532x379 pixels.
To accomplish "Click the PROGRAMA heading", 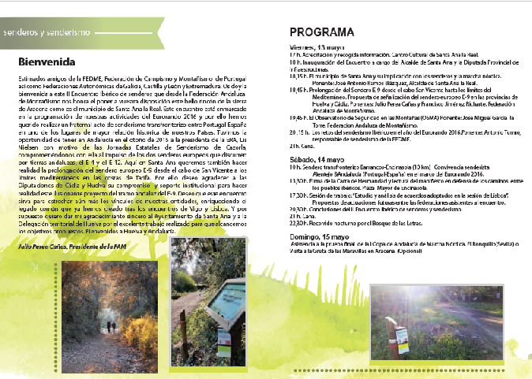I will (x=321, y=32).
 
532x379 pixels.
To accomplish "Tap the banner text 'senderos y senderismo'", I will (x=46, y=34).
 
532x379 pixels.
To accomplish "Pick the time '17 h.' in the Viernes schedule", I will (x=293, y=53).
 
